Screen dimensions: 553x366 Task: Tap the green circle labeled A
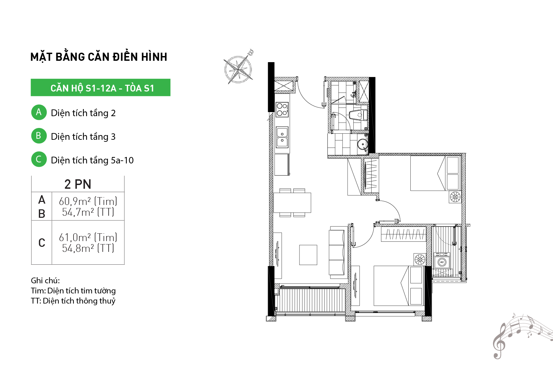(39, 112)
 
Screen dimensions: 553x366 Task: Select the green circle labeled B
(39, 136)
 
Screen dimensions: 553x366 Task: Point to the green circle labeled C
(39, 159)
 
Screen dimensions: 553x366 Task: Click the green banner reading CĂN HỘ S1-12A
(100, 87)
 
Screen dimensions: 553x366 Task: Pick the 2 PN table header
(78, 184)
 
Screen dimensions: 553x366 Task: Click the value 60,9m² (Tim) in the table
(88, 201)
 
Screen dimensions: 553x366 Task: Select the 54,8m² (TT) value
(88, 248)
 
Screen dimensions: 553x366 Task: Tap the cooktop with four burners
(282, 109)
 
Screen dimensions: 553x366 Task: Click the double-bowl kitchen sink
(282, 137)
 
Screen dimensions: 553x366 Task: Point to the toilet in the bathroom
(358, 115)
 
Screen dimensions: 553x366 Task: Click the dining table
(292, 203)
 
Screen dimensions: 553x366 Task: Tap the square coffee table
(308, 255)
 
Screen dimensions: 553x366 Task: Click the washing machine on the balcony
(442, 260)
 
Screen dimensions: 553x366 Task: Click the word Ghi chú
(45, 281)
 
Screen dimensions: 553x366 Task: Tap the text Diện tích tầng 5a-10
(92, 160)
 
